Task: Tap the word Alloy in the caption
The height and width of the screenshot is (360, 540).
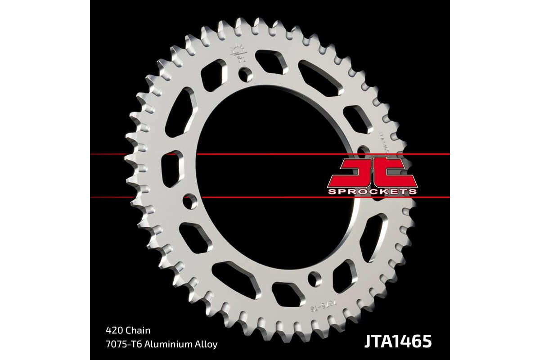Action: click(x=207, y=344)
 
